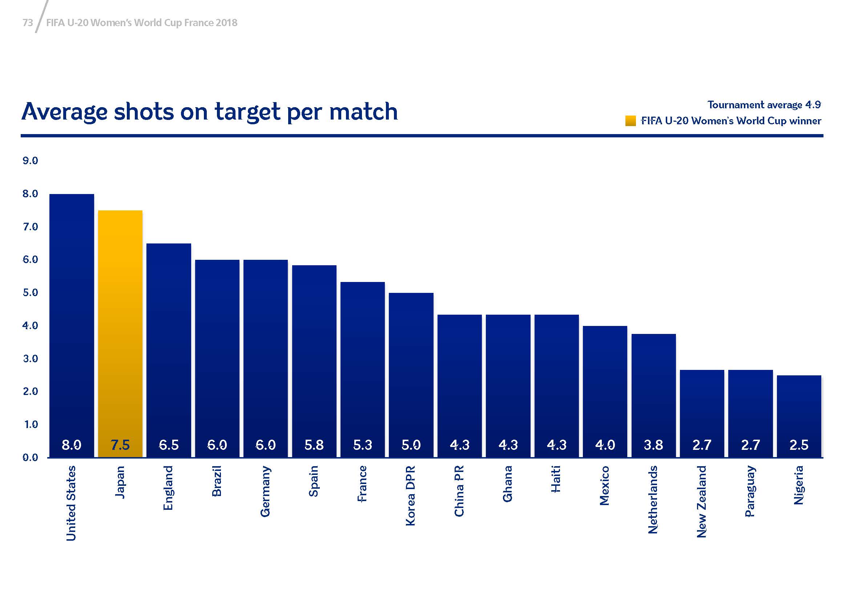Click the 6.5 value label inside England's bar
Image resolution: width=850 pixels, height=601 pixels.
coord(169,444)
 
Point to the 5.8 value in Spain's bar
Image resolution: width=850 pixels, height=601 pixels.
coord(314,444)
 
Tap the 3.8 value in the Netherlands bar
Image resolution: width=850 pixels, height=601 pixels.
coord(653,444)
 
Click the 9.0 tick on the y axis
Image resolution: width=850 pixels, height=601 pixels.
coord(31,161)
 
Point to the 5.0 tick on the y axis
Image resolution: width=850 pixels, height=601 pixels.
coord(31,293)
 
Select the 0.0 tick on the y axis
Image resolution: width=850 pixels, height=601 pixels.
coord(31,458)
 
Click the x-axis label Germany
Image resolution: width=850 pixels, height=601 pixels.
coord(265,492)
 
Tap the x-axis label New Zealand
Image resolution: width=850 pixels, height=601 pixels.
coord(701,501)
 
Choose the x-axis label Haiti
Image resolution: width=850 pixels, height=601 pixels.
coord(556,479)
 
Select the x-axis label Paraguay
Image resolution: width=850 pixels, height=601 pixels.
coord(750,491)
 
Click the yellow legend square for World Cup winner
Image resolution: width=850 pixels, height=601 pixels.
coord(631,121)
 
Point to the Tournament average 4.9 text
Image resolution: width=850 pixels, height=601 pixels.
coord(764,105)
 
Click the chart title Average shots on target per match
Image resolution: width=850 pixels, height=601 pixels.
coord(210,112)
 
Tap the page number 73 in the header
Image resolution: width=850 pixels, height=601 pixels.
coord(28,23)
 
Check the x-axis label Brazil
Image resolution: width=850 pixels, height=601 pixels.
coord(217,481)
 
